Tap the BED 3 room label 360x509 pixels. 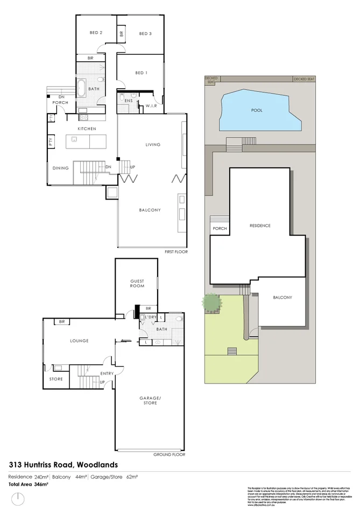pos(145,34)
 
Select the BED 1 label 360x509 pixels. pos(140,73)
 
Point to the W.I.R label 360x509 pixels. pos(150,106)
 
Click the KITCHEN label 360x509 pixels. pos(87,129)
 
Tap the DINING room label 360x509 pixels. pos(61,168)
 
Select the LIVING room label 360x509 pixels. pos(153,144)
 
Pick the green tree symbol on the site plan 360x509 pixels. pos(212,303)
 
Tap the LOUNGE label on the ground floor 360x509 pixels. pos(79,341)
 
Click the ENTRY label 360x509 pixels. pos(107,373)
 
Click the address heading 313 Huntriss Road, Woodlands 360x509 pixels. pos(63,464)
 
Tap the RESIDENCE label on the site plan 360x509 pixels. pos(260,225)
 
